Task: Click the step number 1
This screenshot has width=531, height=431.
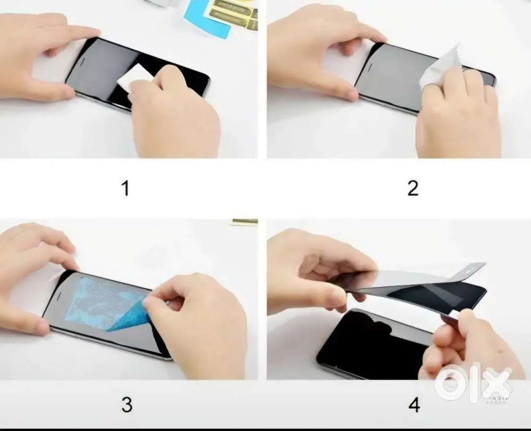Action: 125,188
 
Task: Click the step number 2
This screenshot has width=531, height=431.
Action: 413,188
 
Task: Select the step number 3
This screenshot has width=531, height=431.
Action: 126,404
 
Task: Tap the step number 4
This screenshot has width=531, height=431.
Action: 414,404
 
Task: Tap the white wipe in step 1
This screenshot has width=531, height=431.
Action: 134,76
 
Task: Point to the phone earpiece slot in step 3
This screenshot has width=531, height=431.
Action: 58,297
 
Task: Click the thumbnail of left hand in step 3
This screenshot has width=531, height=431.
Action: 70,263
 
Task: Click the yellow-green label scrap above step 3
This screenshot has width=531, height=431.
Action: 244,222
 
